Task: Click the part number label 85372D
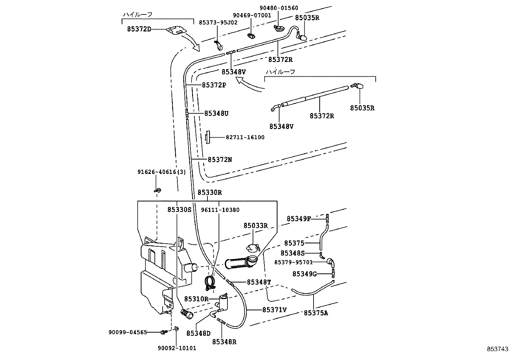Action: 139,29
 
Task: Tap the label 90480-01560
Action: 279,8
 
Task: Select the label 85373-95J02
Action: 218,22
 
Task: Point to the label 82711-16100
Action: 245,138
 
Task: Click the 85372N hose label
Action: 220,160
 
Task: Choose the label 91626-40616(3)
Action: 161,172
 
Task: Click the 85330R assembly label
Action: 209,193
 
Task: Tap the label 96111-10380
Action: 220,210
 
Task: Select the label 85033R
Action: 256,226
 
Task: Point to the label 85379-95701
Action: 293,262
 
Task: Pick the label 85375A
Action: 316,313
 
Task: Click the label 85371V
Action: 275,309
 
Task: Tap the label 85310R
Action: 196,299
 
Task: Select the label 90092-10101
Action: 177,348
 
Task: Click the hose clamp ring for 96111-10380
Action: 209,281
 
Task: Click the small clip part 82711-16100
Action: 207,137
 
